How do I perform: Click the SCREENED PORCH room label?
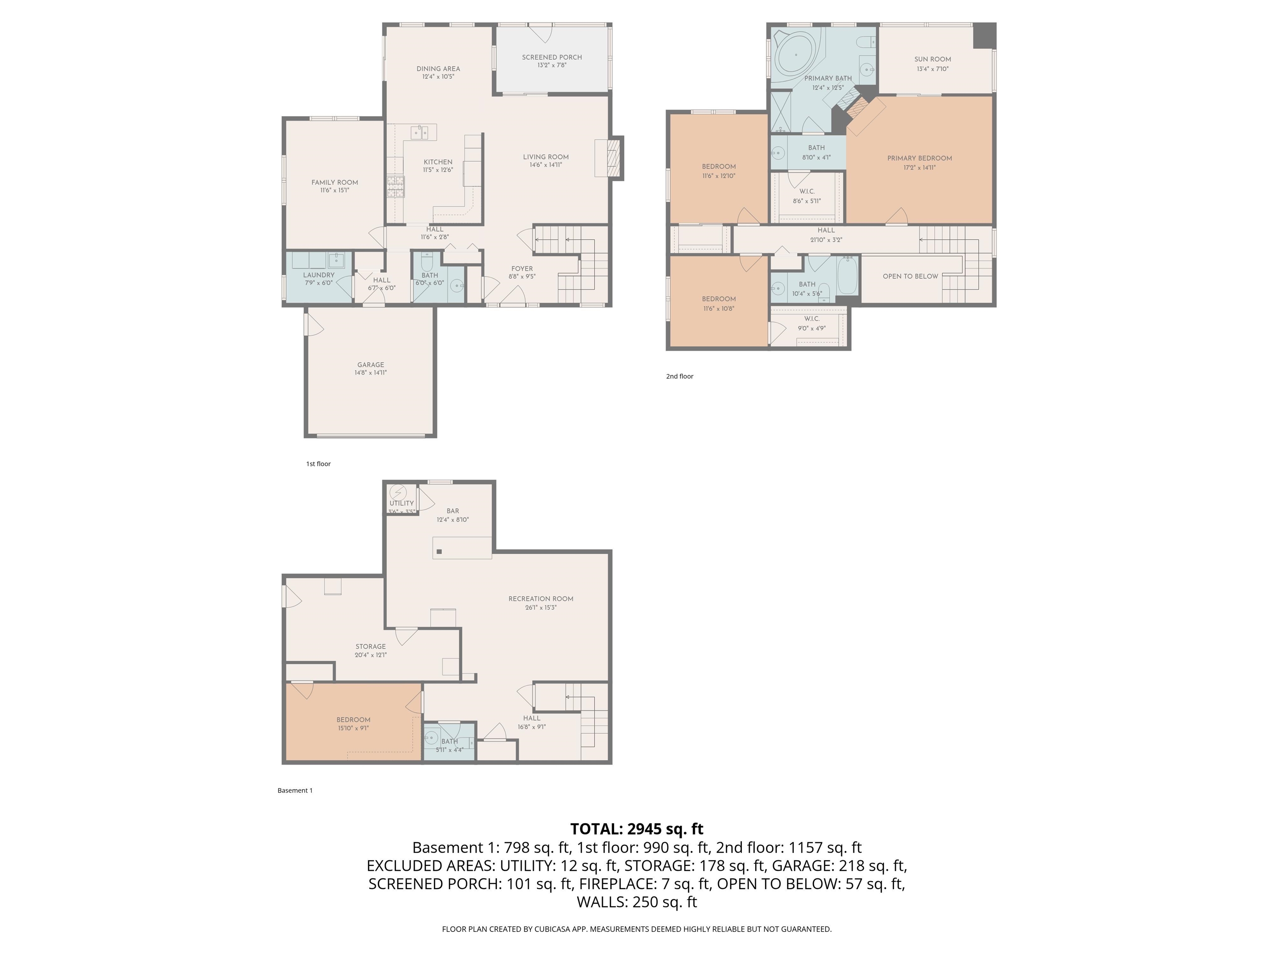click(552, 57)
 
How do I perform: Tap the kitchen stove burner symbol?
click(396, 187)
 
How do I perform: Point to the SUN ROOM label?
click(932, 59)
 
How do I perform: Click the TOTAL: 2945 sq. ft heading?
click(637, 829)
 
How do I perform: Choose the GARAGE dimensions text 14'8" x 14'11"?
click(370, 373)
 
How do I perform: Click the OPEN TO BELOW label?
click(910, 276)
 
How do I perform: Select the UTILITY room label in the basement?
click(401, 503)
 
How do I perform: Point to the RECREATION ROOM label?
click(540, 599)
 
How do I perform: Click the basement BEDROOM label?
click(353, 720)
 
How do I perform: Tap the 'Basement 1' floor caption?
click(295, 790)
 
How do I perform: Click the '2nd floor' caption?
click(680, 376)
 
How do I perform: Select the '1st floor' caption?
click(318, 464)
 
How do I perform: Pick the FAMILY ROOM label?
click(335, 182)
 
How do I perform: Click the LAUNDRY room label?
click(318, 275)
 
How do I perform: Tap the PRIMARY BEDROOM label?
click(919, 158)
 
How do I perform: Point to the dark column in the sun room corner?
click(984, 35)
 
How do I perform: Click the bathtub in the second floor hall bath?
click(847, 276)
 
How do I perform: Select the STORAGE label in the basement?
click(370, 647)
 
